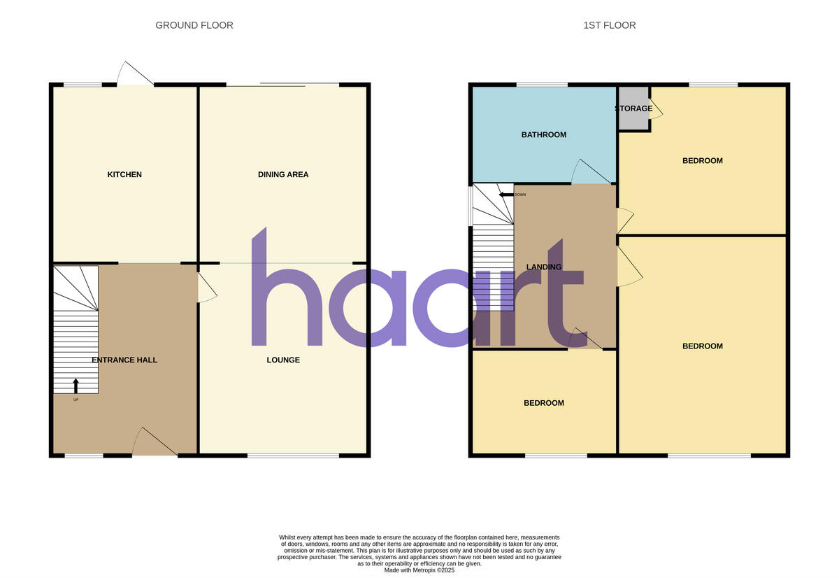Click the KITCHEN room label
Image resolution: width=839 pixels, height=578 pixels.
[x=124, y=174]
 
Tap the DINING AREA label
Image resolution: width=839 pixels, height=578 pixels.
[x=283, y=174]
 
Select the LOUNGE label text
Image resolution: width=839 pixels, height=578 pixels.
[x=283, y=360]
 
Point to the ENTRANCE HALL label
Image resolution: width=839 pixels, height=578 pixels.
[x=124, y=360]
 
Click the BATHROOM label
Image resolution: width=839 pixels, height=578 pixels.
[x=544, y=134]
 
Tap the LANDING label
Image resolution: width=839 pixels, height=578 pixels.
[x=544, y=267]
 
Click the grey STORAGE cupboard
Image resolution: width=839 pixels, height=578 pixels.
[x=633, y=108]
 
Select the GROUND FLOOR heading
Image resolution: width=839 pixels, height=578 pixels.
[x=194, y=25]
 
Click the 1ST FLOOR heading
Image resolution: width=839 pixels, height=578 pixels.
[x=610, y=25]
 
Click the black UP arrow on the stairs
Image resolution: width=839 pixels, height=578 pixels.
[x=76, y=386]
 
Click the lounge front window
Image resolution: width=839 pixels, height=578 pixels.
[x=293, y=456]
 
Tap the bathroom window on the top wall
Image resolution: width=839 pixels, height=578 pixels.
[x=542, y=85]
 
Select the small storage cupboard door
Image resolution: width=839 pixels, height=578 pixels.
[x=657, y=107]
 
